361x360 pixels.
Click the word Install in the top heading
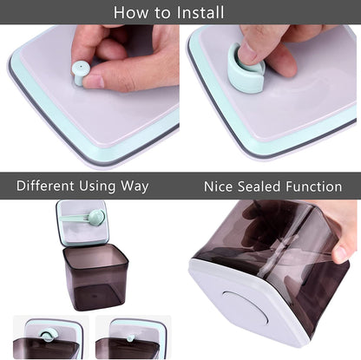point(200,12)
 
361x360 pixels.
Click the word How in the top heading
point(131,12)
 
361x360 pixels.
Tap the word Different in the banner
point(45,186)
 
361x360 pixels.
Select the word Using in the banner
point(97,187)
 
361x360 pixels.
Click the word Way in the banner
point(135,187)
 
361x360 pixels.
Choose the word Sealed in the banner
point(259,187)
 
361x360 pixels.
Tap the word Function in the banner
point(314,187)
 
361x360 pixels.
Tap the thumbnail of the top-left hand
point(94,82)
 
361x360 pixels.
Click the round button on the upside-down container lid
point(245,309)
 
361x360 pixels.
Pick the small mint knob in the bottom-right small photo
point(130,337)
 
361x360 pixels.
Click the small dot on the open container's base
point(92,296)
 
